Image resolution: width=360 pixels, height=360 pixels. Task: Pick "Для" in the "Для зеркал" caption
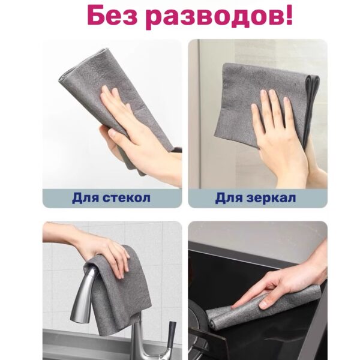click(x=229, y=198)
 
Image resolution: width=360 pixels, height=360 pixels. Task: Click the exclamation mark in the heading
click(x=289, y=15)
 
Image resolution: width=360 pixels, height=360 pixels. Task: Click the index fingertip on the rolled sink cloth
click(x=235, y=307)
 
